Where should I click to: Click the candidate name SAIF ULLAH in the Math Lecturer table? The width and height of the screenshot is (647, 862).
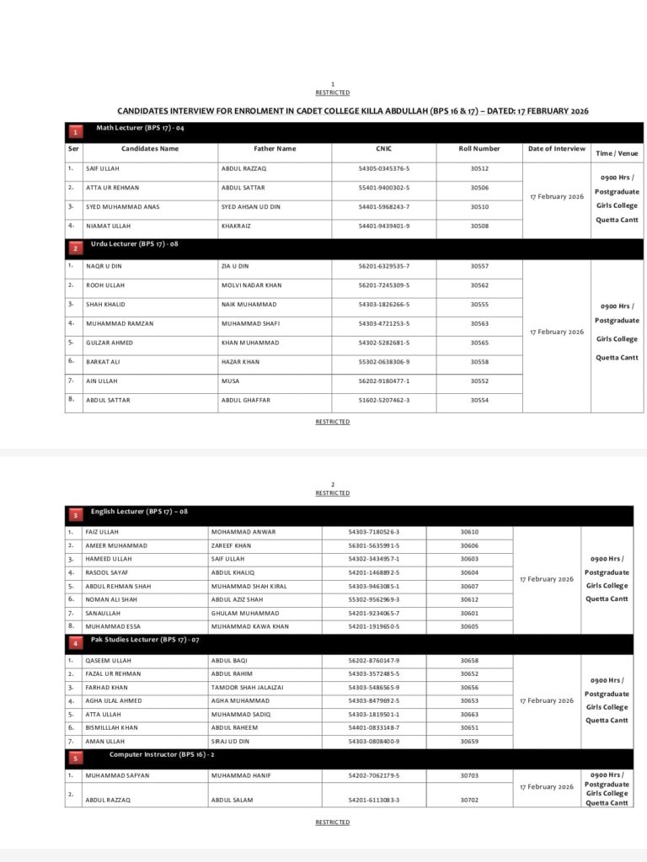[x=103, y=168]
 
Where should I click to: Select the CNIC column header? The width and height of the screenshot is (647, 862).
[x=383, y=149]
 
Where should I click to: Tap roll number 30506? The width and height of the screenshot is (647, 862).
[x=479, y=188]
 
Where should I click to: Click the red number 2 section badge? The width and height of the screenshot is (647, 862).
[x=75, y=248]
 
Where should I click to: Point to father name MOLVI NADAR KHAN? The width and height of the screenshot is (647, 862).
[x=251, y=285]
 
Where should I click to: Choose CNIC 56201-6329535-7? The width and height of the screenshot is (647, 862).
[x=383, y=266]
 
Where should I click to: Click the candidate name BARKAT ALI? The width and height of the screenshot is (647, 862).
[x=103, y=362]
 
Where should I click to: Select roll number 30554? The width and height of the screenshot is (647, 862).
[x=479, y=400]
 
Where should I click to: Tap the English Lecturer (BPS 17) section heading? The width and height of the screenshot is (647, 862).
[x=139, y=511]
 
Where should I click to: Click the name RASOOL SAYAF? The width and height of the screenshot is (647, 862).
[x=106, y=572]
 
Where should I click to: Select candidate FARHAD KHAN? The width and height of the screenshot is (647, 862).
[x=106, y=687]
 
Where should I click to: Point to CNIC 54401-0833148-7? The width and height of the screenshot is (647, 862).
[x=373, y=727]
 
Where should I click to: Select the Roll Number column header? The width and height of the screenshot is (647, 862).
[x=479, y=149]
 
